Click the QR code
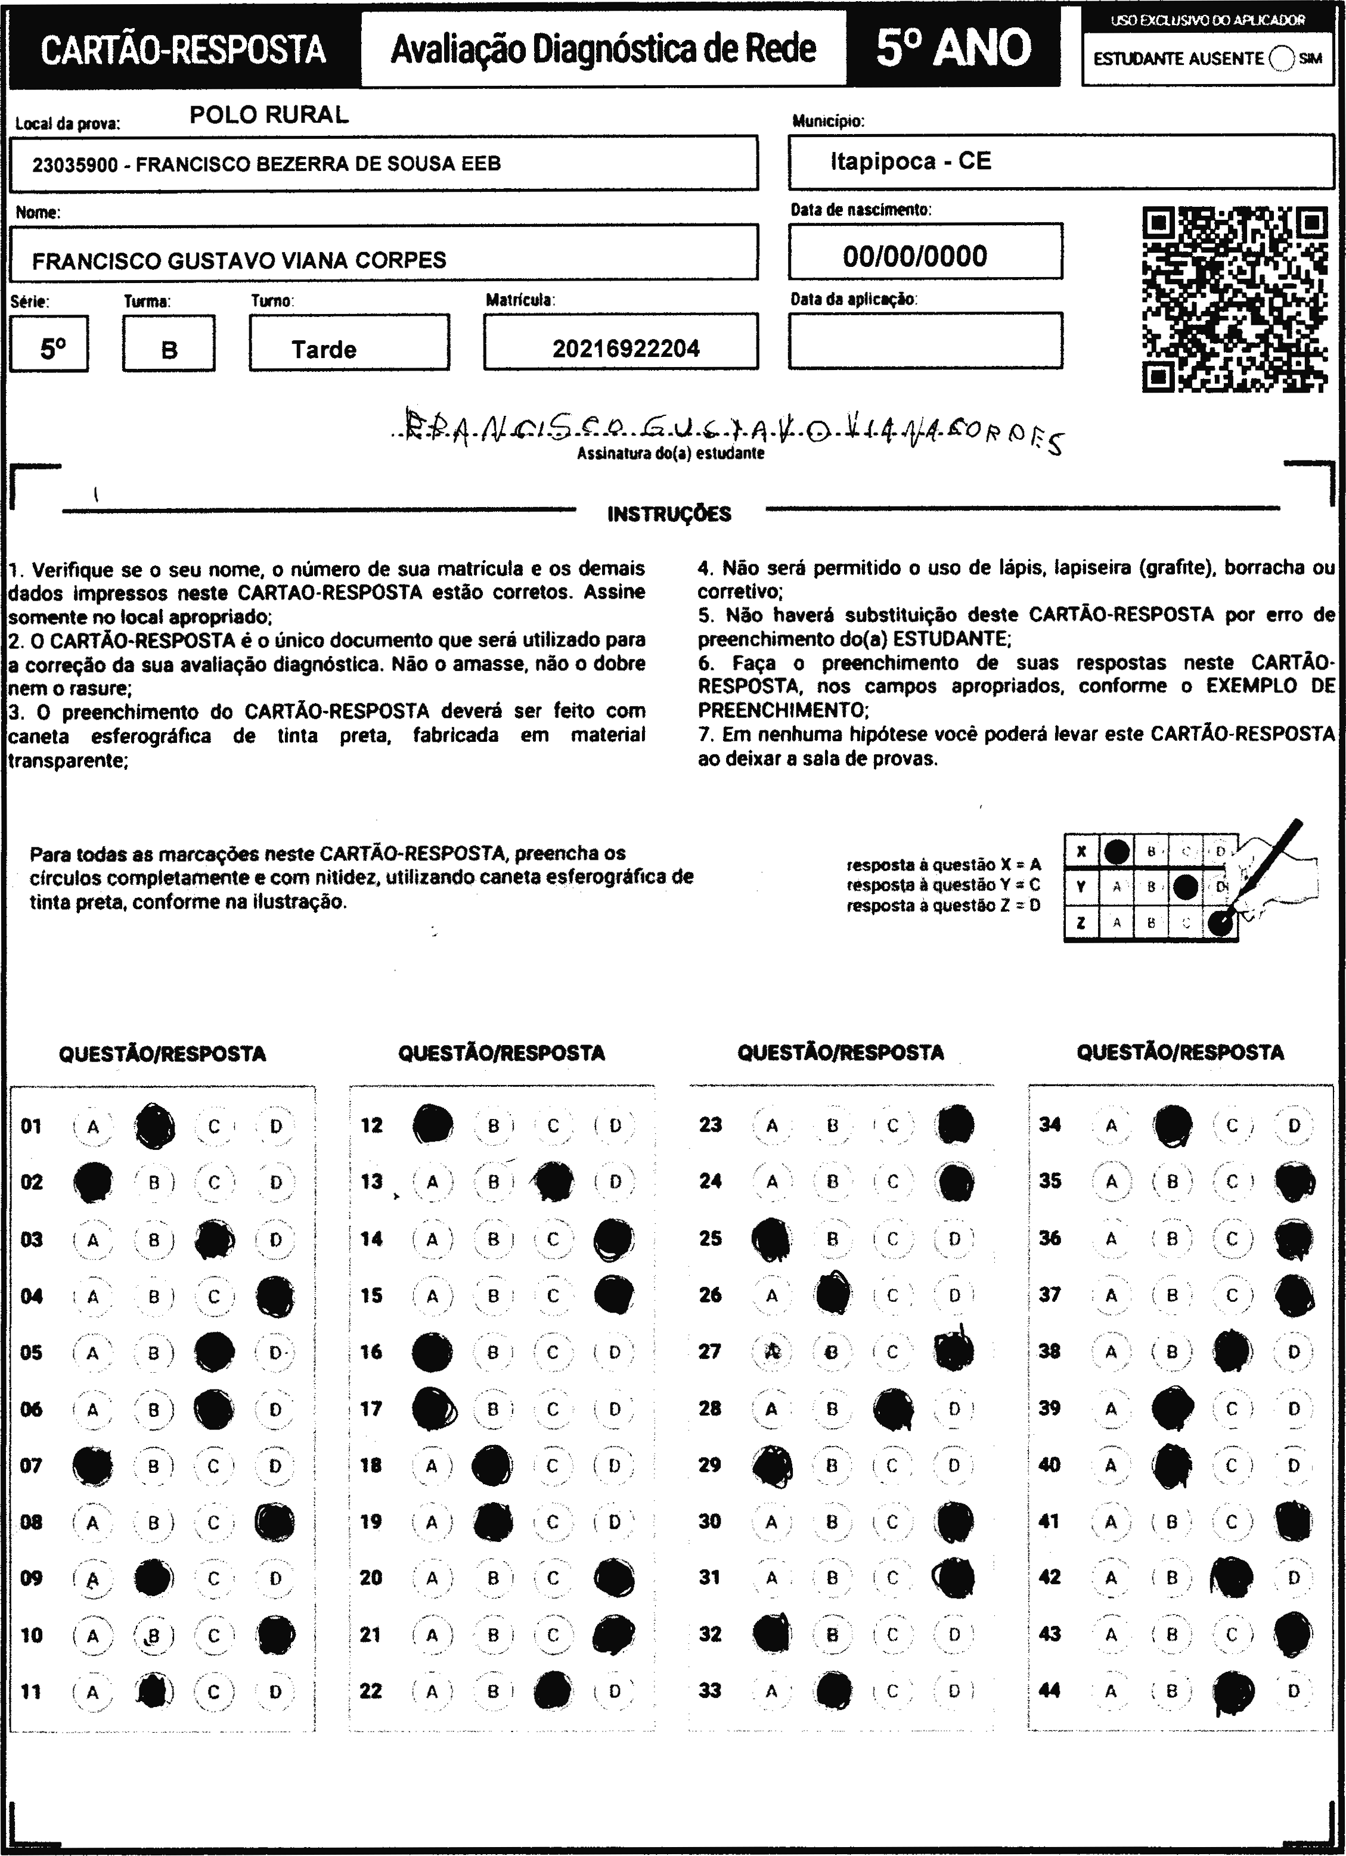point(1235,300)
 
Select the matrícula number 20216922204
point(625,349)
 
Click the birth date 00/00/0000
point(914,256)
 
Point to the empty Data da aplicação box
point(925,340)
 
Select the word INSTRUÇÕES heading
point(669,514)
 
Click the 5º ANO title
point(953,48)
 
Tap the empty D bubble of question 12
point(615,1126)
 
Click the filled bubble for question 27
point(954,1352)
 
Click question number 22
point(371,1692)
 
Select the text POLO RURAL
point(269,116)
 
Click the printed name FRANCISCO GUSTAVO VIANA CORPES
point(239,261)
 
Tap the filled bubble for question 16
point(432,1353)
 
